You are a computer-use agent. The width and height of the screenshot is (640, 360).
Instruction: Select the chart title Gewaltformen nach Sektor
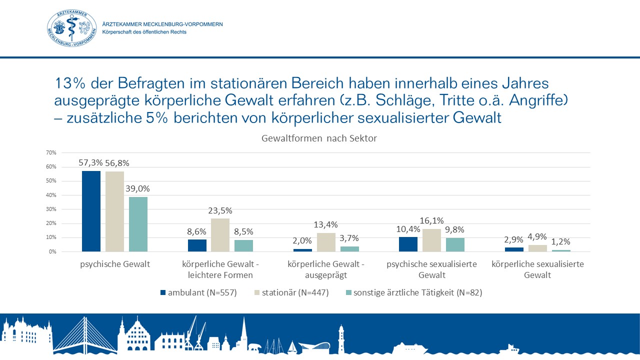pyautogui.click(x=319, y=139)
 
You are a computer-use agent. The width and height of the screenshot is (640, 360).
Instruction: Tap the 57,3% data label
pyautogui.click(x=91, y=162)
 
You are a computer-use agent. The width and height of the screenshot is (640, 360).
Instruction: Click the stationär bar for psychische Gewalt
pyautogui.click(x=114, y=211)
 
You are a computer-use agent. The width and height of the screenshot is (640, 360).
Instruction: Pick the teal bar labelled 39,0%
pyautogui.click(x=138, y=223)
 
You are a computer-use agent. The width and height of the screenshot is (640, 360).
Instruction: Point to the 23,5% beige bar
pyautogui.click(x=220, y=234)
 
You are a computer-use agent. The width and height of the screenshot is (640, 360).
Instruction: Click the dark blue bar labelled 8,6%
pyautogui.click(x=196, y=245)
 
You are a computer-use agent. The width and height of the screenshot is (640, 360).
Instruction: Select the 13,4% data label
pyautogui.click(x=325, y=224)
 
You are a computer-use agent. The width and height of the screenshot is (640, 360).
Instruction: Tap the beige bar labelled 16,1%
pyautogui.click(x=432, y=240)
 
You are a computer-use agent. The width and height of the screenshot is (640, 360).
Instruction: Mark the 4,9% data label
pyautogui.click(x=538, y=236)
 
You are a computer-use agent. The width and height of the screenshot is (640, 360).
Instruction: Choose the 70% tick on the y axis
pyautogui.click(x=51, y=152)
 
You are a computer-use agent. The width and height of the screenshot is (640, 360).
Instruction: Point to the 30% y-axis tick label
pyautogui.click(x=51, y=209)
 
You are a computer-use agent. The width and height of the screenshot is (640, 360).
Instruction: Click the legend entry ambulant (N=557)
pyautogui.click(x=198, y=293)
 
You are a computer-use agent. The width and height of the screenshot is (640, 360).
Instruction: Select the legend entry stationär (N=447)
pyautogui.click(x=292, y=293)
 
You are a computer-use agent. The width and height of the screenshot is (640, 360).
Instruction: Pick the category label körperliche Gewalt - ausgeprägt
pyautogui.click(x=326, y=269)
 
